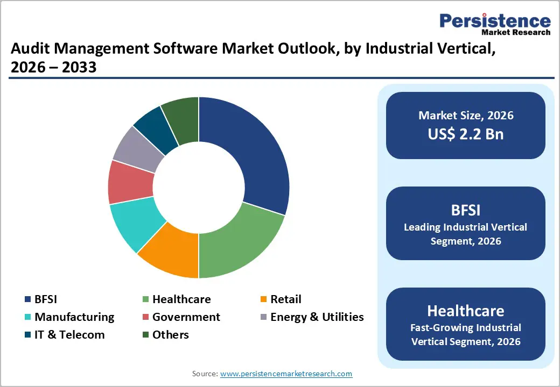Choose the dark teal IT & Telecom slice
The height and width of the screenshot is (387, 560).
[156, 126]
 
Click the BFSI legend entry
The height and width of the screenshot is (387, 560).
[45, 299]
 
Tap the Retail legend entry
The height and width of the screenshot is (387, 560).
[285, 299]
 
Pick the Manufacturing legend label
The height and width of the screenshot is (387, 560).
[74, 317]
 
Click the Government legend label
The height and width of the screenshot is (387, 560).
[186, 317]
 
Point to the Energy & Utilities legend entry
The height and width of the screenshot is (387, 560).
[317, 317]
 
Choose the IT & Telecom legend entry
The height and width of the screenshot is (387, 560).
[69, 334]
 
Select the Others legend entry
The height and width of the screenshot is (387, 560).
[170, 334]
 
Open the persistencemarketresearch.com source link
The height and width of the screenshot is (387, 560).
[286, 374]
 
